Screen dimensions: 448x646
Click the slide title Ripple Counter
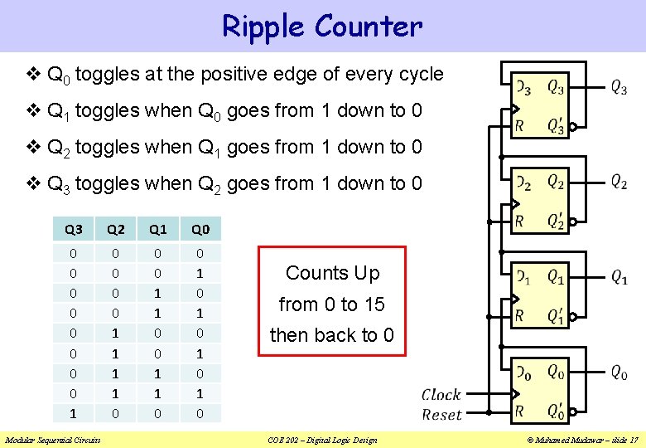coord(322,26)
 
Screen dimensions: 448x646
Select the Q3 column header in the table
coord(74,229)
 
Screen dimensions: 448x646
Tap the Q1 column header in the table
coord(157,229)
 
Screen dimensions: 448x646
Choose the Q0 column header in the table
coord(200,229)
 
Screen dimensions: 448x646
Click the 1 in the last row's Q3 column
coord(74,412)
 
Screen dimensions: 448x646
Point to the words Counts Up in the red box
coord(332,273)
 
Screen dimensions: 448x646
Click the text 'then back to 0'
coord(332,335)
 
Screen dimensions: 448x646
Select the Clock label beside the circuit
coord(441,394)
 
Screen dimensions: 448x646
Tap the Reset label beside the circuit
coord(441,414)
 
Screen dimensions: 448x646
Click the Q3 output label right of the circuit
coord(619,86)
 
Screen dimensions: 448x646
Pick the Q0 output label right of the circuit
coord(619,373)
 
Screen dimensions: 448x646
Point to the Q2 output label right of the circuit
coord(619,182)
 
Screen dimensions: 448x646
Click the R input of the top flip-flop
coord(519,126)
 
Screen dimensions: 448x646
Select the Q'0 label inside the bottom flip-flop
coord(556,411)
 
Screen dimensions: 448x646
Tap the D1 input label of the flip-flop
coord(523,277)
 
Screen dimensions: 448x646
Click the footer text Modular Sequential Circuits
coord(51,440)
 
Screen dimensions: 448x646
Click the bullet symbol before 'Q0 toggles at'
coord(33,74)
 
